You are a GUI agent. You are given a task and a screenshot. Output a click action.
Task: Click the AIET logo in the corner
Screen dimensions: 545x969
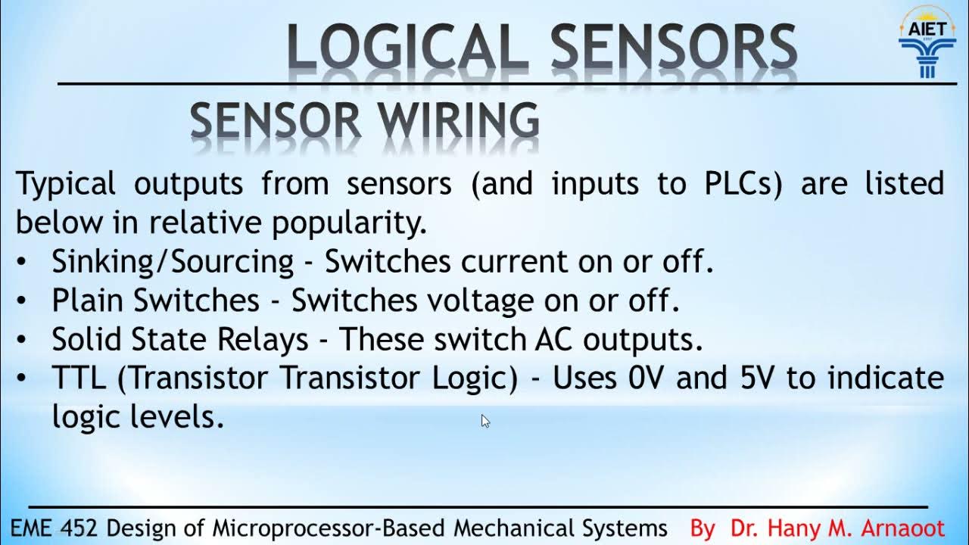[927, 43]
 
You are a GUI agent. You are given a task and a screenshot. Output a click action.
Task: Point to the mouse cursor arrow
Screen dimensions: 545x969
[485, 421]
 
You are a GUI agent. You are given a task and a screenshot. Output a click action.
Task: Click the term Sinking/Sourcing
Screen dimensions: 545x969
[173, 262]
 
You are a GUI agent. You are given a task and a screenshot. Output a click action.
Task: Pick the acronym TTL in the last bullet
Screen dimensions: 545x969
[79, 378]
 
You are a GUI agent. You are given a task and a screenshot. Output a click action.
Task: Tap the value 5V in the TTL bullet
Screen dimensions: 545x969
[759, 378]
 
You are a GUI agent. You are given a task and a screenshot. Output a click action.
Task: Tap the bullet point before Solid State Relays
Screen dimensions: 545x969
[23, 339]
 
